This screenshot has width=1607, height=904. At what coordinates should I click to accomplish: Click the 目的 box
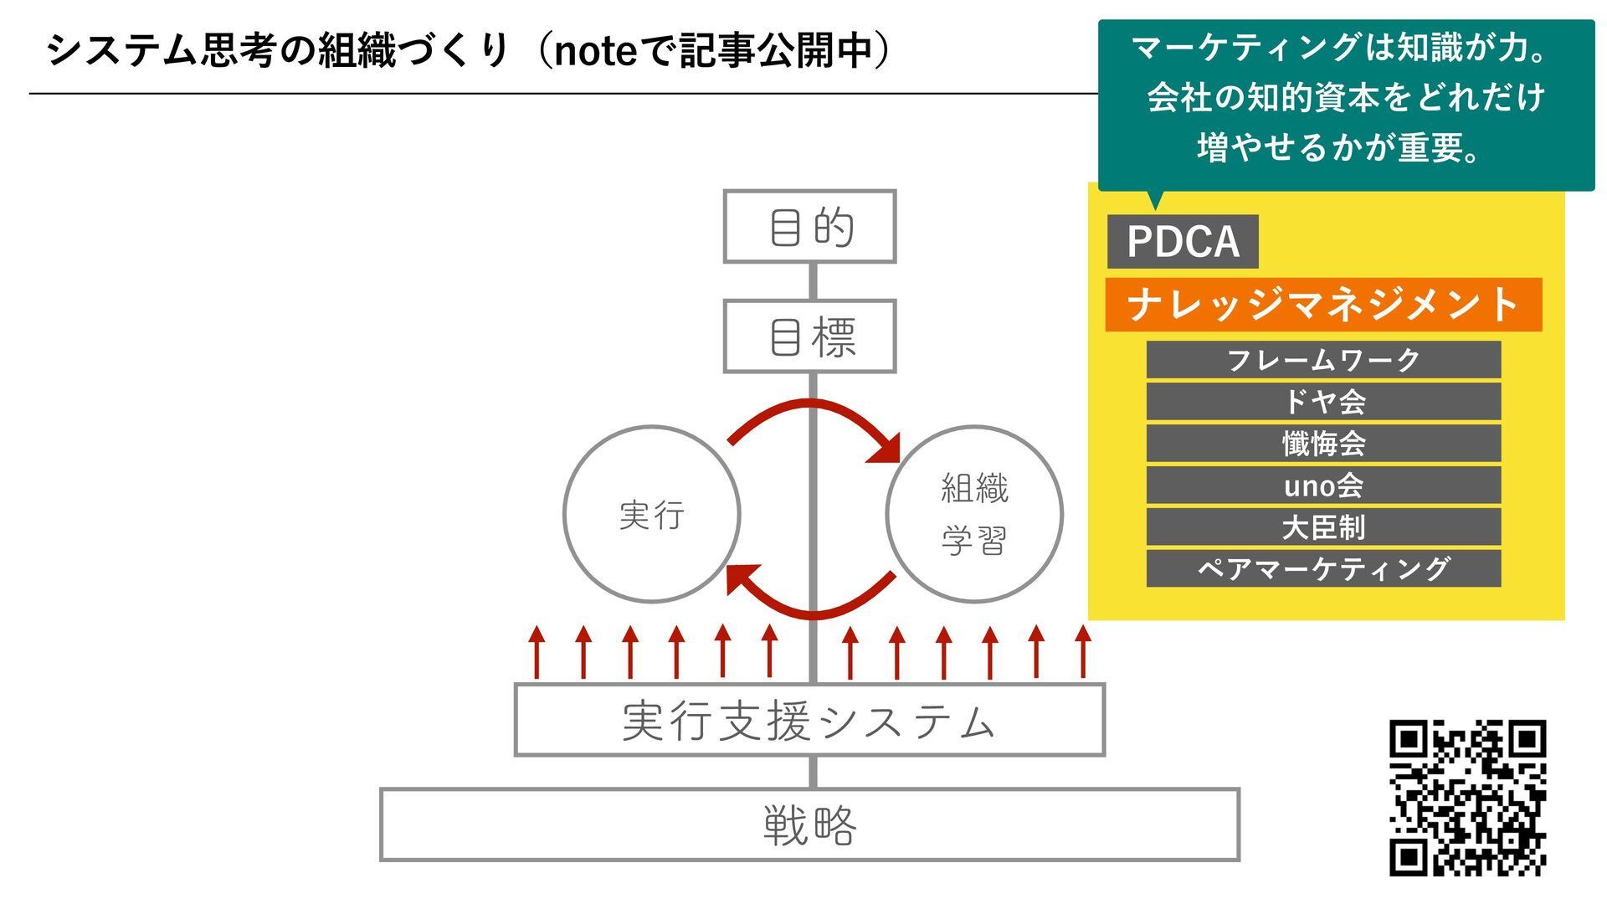[x=809, y=227]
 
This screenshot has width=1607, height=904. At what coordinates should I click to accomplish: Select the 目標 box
[x=809, y=336]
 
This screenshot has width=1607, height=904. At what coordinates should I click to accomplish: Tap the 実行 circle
[x=652, y=514]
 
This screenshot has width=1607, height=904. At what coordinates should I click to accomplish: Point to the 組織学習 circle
[x=974, y=514]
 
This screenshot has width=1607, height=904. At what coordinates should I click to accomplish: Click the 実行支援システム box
[x=809, y=720]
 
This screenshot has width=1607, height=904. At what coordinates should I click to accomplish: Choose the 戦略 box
[x=809, y=824]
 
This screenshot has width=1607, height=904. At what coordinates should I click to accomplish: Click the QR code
[x=1467, y=798]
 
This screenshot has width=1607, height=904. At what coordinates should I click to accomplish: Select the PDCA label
[x=1182, y=242]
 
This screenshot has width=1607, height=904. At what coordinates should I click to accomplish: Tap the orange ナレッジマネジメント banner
[x=1322, y=305]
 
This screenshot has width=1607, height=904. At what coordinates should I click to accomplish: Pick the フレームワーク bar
[x=1322, y=360]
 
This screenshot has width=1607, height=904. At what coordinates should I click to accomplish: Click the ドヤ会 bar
[x=1322, y=402]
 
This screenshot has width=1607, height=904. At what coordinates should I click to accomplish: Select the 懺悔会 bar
[x=1322, y=444]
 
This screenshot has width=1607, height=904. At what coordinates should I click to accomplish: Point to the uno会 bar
[x=1322, y=485]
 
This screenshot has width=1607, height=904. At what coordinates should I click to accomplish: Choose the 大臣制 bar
[x=1322, y=527]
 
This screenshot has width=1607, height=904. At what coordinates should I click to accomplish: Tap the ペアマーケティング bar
[x=1322, y=568]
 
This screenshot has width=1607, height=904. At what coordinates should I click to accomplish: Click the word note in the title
[x=596, y=51]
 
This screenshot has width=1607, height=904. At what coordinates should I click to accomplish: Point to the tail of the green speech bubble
[x=1156, y=199]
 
